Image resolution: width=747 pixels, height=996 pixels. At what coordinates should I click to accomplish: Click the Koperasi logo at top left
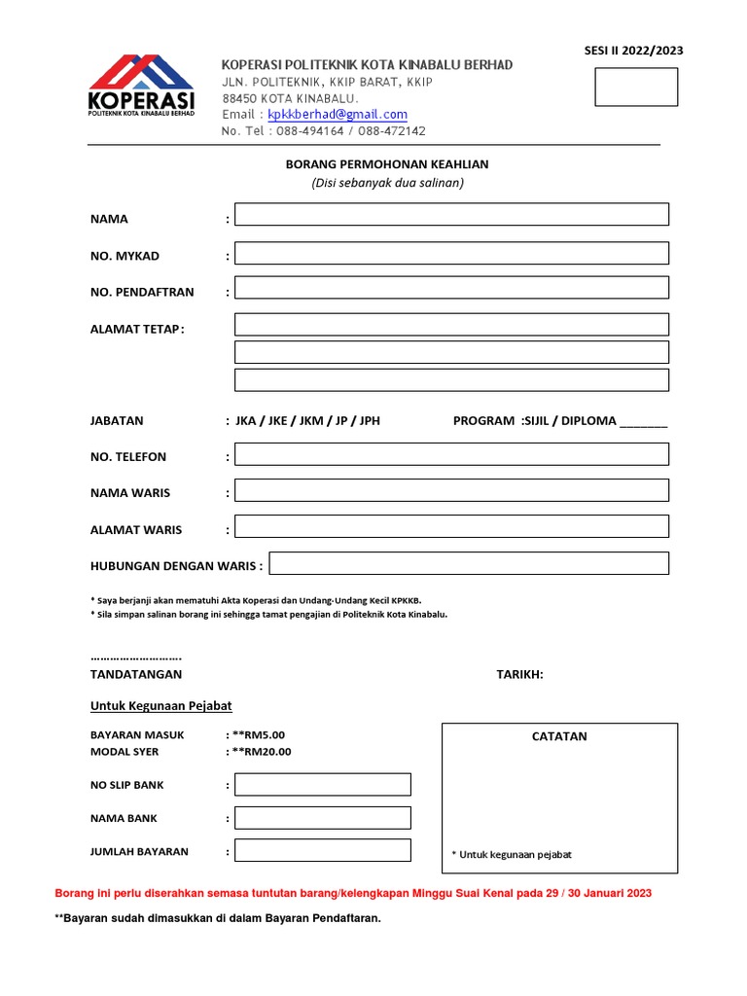click(141, 88)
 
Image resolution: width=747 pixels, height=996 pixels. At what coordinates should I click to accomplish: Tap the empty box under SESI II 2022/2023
click(636, 87)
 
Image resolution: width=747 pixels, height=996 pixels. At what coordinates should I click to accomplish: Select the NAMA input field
click(451, 214)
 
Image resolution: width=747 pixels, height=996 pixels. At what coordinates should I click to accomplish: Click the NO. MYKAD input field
click(451, 253)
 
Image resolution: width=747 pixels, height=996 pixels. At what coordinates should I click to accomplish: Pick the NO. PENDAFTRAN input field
click(451, 288)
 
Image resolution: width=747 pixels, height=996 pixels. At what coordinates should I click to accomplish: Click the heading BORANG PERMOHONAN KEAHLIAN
click(387, 164)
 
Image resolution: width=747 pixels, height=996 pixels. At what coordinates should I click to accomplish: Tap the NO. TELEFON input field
click(451, 454)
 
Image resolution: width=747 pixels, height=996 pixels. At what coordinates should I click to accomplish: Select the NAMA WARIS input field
click(451, 490)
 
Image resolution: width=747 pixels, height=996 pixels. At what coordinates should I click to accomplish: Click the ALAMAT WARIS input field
click(451, 526)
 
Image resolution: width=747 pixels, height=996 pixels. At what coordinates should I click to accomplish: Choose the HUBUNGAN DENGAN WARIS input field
click(469, 563)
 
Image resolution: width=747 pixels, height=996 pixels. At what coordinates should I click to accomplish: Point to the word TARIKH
click(519, 674)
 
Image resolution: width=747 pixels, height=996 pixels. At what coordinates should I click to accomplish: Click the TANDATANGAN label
click(136, 674)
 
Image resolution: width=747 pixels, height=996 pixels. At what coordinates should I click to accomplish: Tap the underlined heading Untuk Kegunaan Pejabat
click(161, 706)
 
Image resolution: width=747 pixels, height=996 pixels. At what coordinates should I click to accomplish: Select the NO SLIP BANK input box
click(323, 784)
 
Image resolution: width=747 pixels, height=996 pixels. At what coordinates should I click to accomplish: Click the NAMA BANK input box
click(323, 817)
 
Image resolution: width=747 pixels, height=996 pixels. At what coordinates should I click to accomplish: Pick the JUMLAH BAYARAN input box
click(323, 850)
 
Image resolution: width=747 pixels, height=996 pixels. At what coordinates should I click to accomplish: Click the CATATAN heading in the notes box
click(559, 736)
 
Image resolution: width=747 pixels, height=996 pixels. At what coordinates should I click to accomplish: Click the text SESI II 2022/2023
click(633, 51)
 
